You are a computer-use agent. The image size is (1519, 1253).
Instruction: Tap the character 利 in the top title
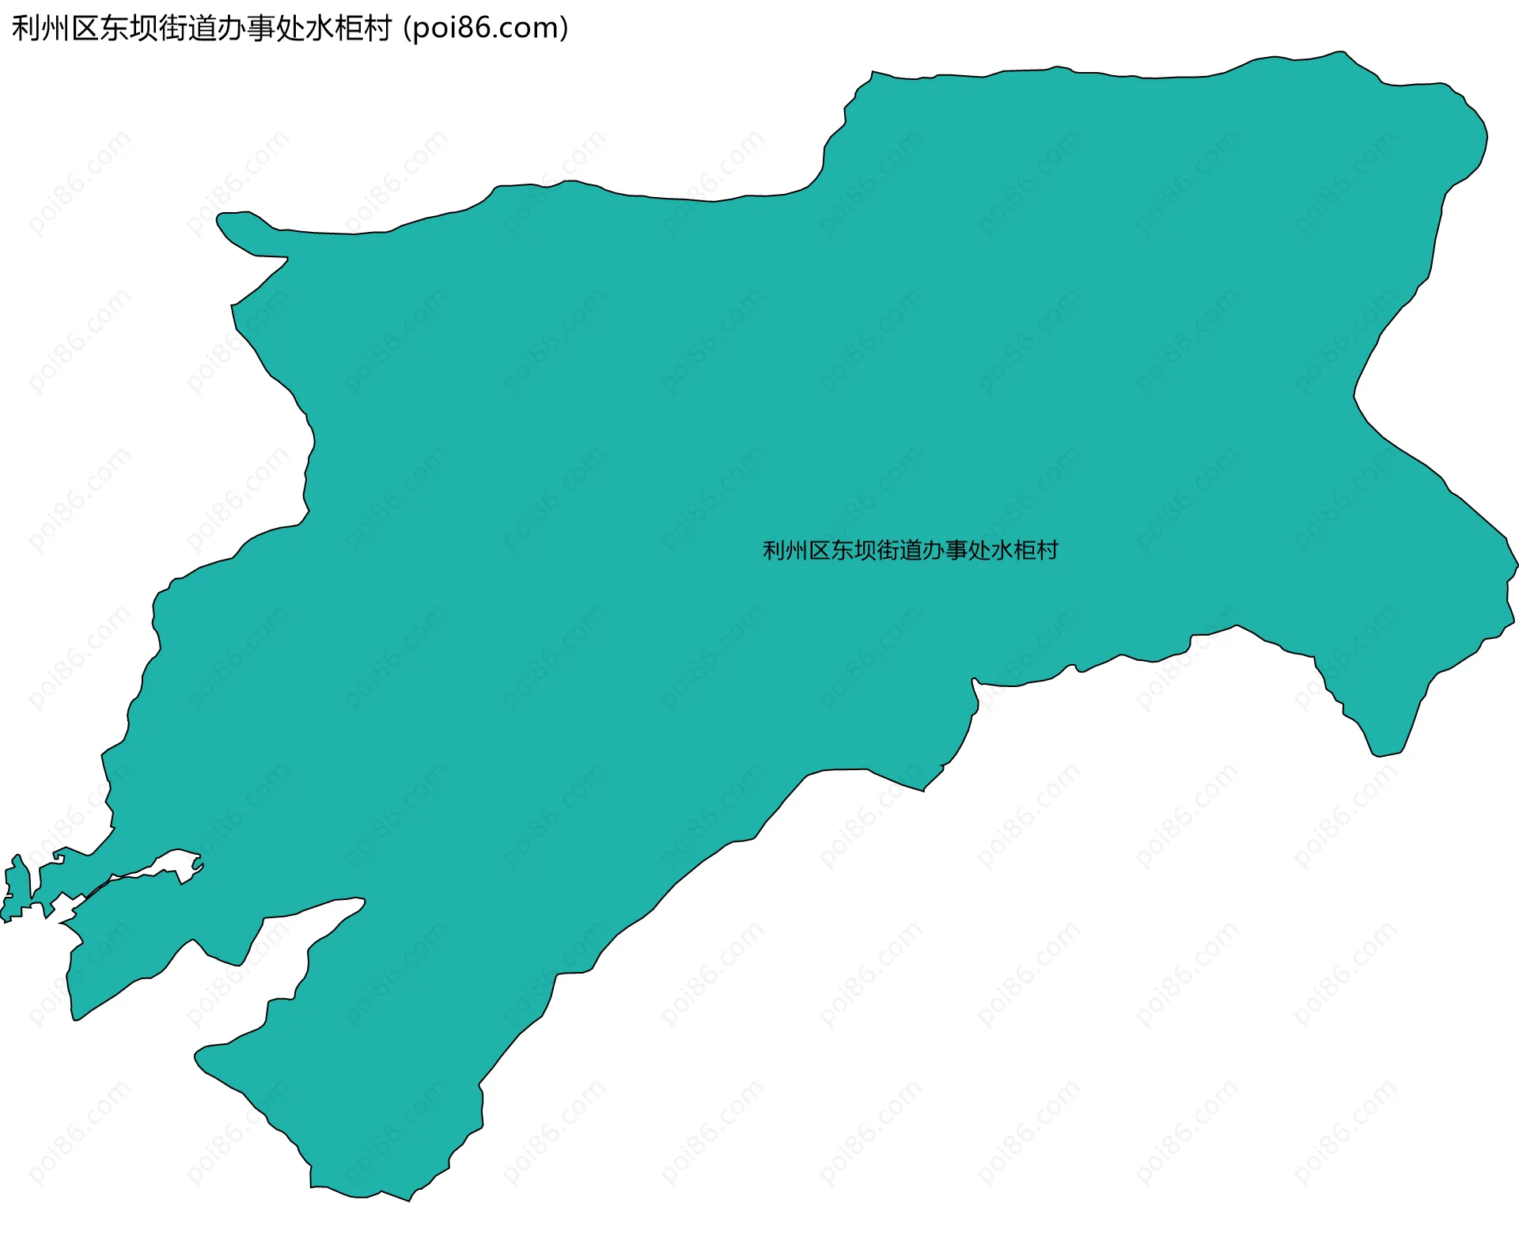point(26,28)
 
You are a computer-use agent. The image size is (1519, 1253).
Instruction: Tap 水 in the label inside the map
point(1002,550)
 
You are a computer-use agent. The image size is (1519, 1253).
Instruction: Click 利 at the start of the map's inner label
point(774,550)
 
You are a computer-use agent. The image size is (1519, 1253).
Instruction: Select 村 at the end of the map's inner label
point(1047,550)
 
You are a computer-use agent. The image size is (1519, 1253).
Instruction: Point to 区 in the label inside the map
point(820,550)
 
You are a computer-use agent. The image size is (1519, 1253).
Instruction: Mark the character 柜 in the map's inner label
point(1025,550)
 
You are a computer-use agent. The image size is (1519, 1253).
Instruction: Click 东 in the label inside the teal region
point(843,550)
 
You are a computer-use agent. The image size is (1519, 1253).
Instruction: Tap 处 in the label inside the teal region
point(979,550)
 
